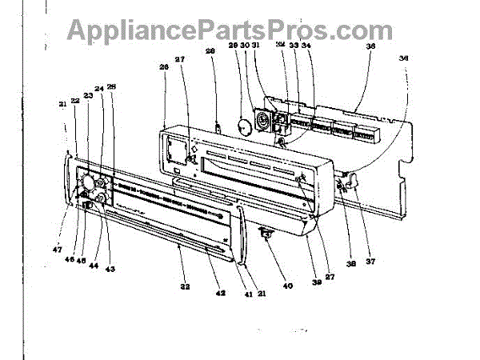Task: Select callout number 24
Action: tap(99, 89)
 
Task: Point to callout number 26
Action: tap(164, 69)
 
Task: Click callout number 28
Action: tap(211, 53)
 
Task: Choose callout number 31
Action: tap(256, 46)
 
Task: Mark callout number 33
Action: tap(294, 46)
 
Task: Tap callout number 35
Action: tap(370, 46)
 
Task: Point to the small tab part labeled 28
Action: tap(218, 125)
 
